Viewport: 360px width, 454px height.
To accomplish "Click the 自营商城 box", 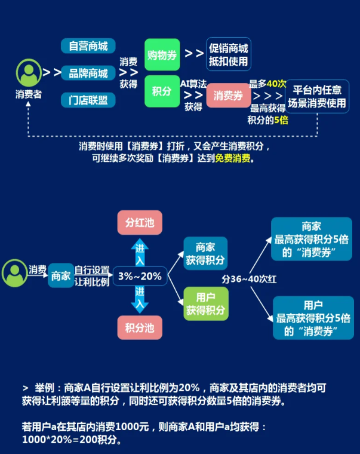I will point(88,46).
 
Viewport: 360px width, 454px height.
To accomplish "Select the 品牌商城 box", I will point(88,73).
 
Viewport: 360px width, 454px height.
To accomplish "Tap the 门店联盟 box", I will point(88,100).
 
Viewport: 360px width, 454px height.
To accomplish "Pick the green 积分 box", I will point(162,90).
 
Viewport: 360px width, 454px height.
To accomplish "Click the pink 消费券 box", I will point(228,96).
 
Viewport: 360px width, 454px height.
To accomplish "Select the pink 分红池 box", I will point(139,223).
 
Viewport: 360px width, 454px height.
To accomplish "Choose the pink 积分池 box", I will point(139,328).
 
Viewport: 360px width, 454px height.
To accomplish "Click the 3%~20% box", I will point(140,276).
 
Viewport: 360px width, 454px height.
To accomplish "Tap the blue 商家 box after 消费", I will point(60,276).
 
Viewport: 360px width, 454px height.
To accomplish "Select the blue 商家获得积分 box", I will point(205,253).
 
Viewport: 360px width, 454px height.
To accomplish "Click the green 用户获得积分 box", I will point(205,303).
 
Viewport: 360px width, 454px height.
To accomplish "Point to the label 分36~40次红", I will point(249,279).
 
